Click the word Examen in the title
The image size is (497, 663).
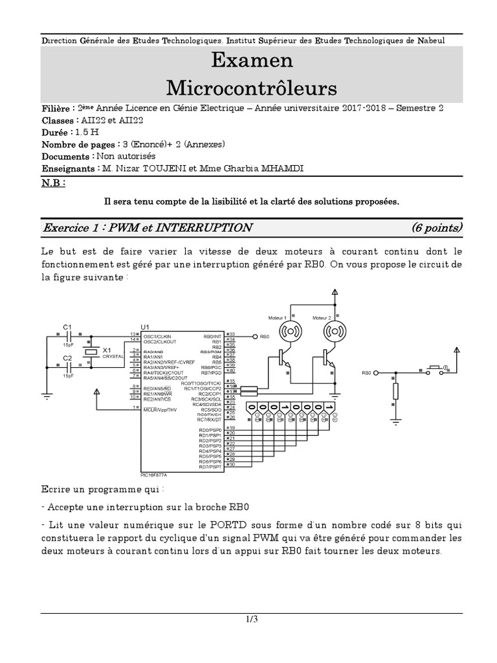[x=252, y=60]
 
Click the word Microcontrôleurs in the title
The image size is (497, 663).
[x=252, y=87]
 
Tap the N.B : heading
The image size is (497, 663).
[x=54, y=183]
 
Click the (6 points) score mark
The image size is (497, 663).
[x=437, y=227]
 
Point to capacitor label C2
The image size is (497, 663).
[x=67, y=357]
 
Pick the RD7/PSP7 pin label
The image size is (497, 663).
[x=210, y=467]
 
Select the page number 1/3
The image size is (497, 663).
[x=252, y=620]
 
